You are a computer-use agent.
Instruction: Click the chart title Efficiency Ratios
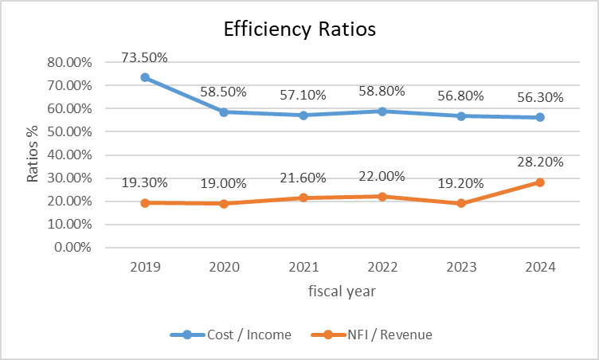tap(299, 29)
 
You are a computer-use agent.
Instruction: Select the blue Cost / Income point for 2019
tap(145, 77)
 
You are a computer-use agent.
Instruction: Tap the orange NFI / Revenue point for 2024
tap(540, 182)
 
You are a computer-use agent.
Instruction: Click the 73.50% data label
tap(145, 58)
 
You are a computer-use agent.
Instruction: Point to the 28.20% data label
tap(540, 162)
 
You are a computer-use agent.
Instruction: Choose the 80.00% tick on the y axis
tap(69, 62)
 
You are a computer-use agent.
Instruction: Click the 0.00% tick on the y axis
tap(72, 248)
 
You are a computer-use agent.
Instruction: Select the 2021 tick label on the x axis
tap(303, 268)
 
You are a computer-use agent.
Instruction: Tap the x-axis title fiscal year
tap(343, 292)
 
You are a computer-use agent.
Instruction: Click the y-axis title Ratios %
tap(33, 155)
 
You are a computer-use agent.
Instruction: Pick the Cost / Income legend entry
tap(231, 335)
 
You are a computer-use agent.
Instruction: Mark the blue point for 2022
tap(382, 112)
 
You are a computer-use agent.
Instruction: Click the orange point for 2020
tap(224, 204)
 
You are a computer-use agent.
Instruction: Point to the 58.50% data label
tap(224, 92)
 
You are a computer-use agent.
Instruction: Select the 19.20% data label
tap(461, 182)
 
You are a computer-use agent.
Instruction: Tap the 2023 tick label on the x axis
tap(461, 268)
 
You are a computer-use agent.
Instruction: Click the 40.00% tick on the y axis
tap(69, 155)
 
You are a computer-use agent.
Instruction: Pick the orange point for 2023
tap(461, 203)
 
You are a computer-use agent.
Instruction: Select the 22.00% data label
tap(382, 176)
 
